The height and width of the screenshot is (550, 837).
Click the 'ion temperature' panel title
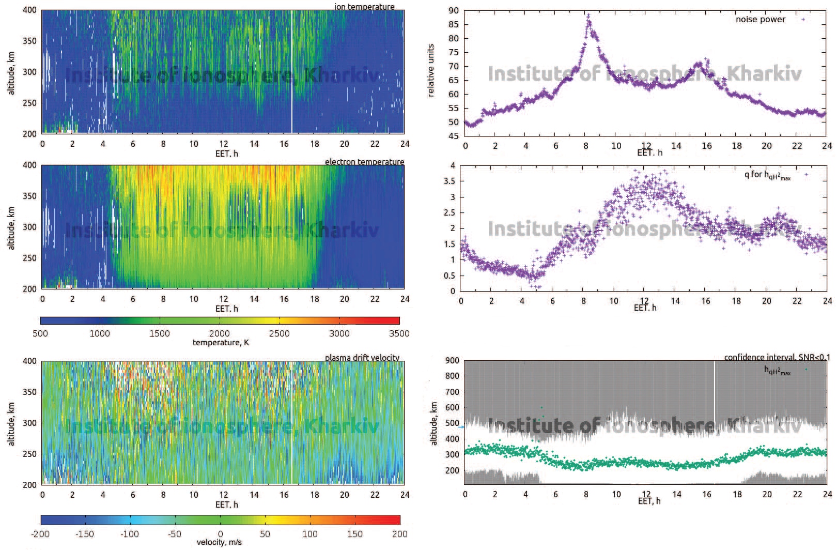click(364, 7)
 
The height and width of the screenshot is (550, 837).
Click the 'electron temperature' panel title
click(364, 162)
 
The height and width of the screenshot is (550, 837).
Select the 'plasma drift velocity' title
click(362, 358)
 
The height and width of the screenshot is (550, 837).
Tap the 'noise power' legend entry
click(760, 20)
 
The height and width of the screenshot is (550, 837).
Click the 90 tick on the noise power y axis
click(454, 11)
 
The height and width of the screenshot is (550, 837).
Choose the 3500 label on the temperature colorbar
click(399, 333)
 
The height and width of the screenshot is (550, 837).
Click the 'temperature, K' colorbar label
click(221, 343)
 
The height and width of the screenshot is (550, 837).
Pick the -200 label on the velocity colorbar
click(40, 534)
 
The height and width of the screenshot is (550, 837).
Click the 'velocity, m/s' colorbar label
click(219, 542)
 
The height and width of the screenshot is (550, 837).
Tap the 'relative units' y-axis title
click(431, 71)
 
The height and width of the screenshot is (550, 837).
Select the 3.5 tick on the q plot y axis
click(450, 181)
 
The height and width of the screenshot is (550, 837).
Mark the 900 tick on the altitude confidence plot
click(452, 361)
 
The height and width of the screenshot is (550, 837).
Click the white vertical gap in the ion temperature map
click(292, 72)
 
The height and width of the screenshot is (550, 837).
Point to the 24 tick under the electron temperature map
click(405, 299)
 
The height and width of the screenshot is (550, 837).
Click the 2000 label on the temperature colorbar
click(220, 333)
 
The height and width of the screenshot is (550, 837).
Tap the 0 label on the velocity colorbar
click(220, 534)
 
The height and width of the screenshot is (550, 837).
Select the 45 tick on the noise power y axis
click(454, 136)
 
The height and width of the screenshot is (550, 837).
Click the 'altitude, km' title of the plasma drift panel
click(11, 424)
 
